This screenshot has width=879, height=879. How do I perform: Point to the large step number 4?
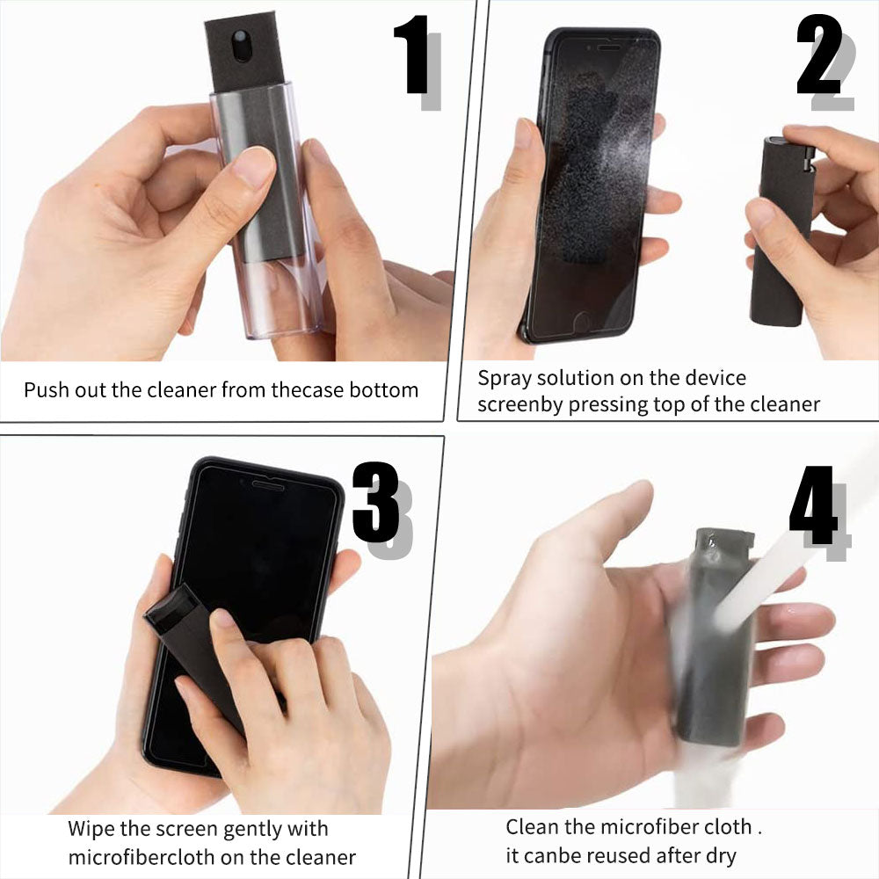[812, 510]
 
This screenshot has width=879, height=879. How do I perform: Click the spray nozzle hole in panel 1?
[242, 40]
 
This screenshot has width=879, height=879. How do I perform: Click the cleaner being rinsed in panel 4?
[712, 650]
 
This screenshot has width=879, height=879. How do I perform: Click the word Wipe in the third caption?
[90, 829]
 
